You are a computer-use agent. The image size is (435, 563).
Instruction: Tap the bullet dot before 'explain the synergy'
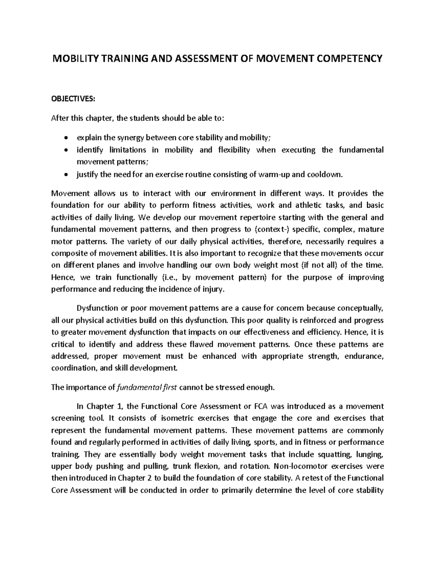pos(65,138)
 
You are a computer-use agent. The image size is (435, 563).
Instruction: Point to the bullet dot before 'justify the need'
pos(65,175)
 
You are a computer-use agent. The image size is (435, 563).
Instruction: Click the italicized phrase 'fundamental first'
pos(146,388)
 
